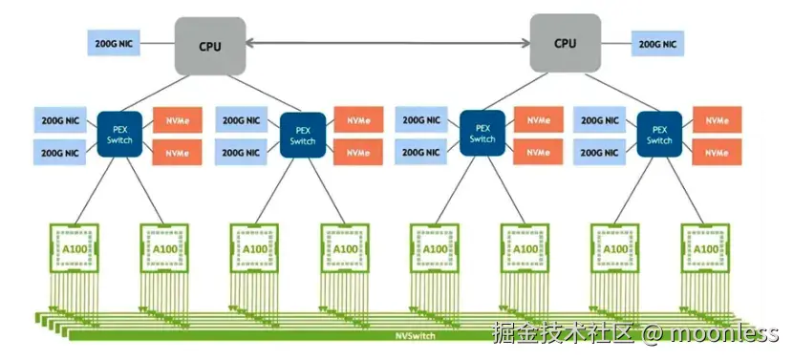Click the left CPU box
210,44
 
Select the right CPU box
566,42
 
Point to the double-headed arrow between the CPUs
387,42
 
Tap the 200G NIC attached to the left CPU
116,44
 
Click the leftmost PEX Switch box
121,135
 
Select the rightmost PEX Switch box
658,135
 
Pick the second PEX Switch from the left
303,135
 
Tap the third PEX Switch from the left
482,134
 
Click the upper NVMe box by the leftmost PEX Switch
178,120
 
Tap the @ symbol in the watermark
651,333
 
